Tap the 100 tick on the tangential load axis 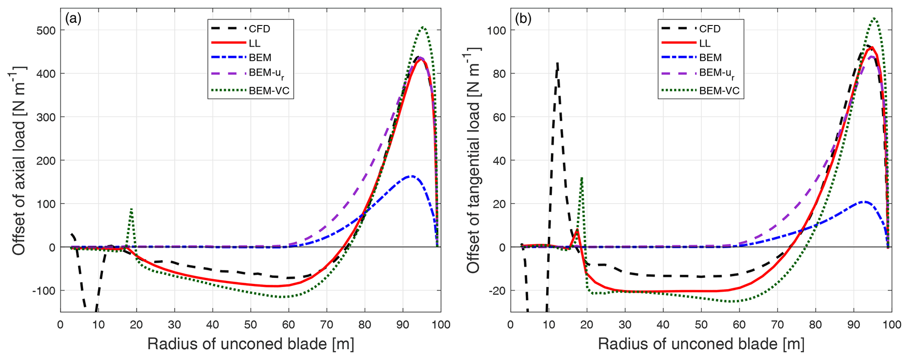(x=496, y=30)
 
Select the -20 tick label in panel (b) (x=497, y=291)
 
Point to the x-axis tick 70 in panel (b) (x=778, y=325)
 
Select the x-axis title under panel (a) (x=251, y=344)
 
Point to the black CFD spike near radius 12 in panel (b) (x=557, y=64)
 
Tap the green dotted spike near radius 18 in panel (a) (x=131, y=210)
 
